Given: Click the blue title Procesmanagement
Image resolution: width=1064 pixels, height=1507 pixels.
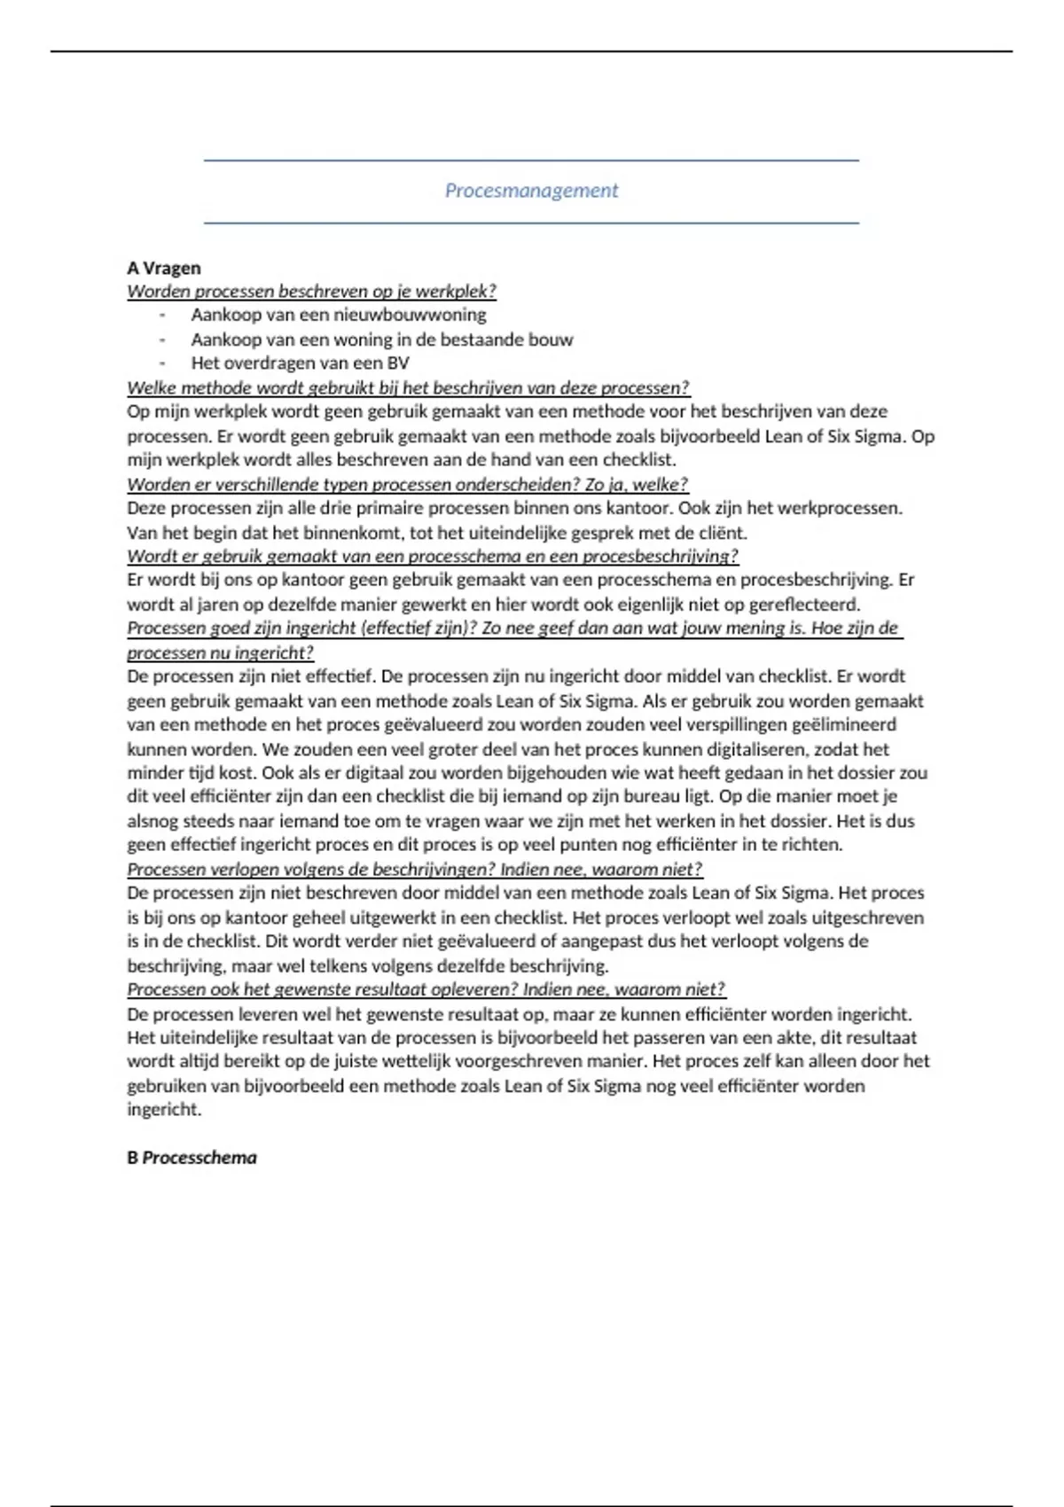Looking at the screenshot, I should (x=531, y=191).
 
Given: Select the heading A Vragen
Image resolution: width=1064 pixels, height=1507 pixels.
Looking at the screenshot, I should (x=164, y=268).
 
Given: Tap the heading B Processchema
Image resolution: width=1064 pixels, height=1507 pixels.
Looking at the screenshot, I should (x=192, y=1158).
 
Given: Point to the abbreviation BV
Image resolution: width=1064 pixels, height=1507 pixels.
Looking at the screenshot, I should (x=398, y=363).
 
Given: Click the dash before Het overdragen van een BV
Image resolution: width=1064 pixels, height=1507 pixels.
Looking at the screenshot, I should (x=162, y=363).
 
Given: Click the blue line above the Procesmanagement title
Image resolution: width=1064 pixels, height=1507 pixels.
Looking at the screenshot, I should (x=531, y=160).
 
